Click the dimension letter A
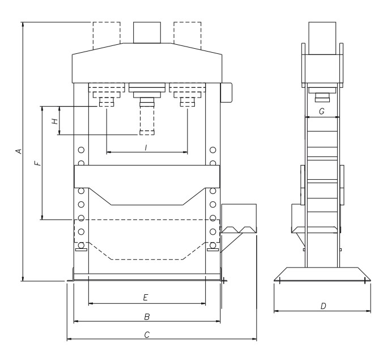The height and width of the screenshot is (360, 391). pyautogui.click(x=19, y=151)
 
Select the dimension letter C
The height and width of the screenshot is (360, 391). pyautogui.click(x=146, y=334)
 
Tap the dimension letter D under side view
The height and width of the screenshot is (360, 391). pyautogui.click(x=322, y=306)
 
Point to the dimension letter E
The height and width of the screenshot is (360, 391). pyautogui.click(x=146, y=297)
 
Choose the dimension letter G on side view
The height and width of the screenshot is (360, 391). pyautogui.click(x=321, y=112)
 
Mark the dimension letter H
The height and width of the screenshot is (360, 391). pyautogui.click(x=54, y=121)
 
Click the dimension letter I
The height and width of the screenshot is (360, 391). pyautogui.click(x=146, y=147)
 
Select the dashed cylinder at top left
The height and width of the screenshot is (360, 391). pyautogui.click(x=106, y=32)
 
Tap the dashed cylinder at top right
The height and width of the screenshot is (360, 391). pyautogui.click(x=188, y=32)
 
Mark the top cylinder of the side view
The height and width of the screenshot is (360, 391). pyautogui.click(x=322, y=35)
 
